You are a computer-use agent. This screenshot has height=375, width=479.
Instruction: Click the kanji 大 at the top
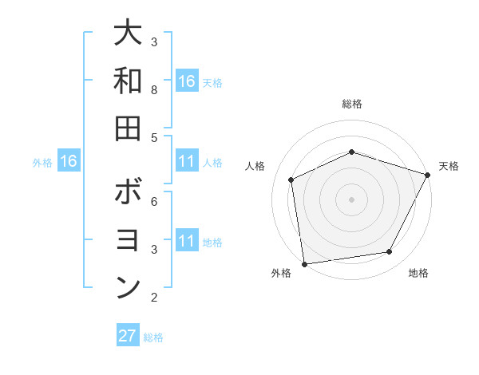(x=129, y=34)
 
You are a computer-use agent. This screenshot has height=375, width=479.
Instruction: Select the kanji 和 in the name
(x=129, y=81)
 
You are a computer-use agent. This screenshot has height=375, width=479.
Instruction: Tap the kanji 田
(x=129, y=128)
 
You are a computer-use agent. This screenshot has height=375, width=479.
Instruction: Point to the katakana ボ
(x=129, y=193)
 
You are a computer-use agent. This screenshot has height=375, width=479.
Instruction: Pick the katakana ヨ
(x=129, y=241)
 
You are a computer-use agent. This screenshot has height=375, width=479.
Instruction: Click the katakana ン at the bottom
(x=129, y=289)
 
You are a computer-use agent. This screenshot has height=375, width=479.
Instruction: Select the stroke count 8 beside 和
(x=154, y=89)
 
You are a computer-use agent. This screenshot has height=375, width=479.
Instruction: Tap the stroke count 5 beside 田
(x=154, y=137)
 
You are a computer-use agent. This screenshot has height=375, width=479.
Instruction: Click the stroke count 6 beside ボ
(x=154, y=201)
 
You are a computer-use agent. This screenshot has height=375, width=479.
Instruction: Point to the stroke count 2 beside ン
(x=154, y=298)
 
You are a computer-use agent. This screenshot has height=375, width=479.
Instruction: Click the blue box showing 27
(x=128, y=336)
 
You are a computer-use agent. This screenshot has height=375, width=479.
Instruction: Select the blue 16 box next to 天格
(x=187, y=81)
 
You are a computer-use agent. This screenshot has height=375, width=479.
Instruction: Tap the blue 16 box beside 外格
(x=69, y=161)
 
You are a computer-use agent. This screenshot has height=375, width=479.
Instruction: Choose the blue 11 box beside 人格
(x=187, y=161)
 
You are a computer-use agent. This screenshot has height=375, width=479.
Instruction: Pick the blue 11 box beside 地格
(x=187, y=241)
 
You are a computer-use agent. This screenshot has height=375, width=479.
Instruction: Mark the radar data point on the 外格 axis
(x=304, y=263)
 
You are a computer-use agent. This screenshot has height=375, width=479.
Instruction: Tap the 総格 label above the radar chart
(x=351, y=104)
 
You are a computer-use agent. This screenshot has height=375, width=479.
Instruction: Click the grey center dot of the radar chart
(x=351, y=199)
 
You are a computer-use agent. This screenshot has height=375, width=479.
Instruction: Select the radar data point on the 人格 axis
(x=291, y=180)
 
